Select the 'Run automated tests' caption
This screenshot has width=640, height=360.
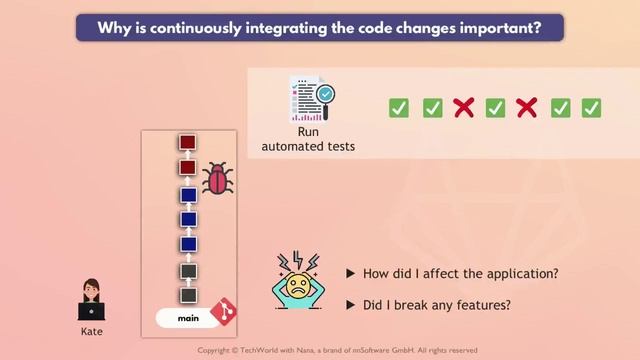308,139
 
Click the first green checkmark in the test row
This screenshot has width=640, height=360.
399,108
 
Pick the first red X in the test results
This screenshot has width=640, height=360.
463,108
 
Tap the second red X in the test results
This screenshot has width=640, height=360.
527,108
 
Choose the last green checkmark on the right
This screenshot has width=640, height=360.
591,108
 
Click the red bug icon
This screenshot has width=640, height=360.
217,180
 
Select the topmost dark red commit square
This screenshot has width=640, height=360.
187,143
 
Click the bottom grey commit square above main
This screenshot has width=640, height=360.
187,295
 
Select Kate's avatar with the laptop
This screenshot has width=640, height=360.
91,300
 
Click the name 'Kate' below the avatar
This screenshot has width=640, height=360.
91,331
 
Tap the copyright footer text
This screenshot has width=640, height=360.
337,351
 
